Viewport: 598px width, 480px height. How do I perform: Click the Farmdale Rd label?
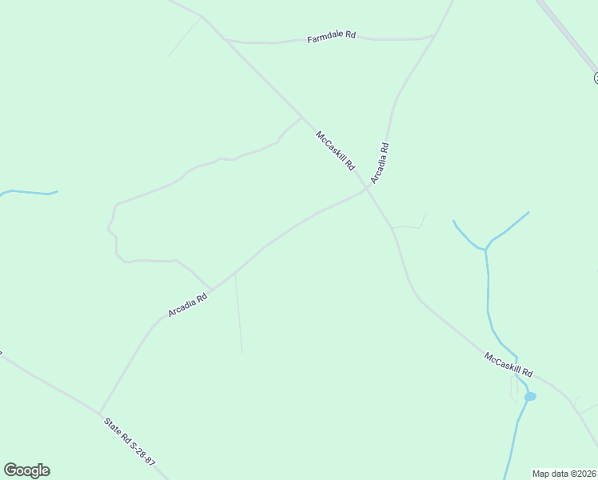pyautogui.click(x=331, y=38)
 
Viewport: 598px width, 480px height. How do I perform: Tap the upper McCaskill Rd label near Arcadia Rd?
pyautogui.click(x=335, y=150)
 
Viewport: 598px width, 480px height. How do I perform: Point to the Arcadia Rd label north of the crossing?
pyautogui.click(x=380, y=163)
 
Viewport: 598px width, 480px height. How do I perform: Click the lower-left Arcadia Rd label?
pyautogui.click(x=188, y=303)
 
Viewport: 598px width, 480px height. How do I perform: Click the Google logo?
pyautogui.click(x=26, y=470)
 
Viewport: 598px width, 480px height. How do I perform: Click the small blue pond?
pyautogui.click(x=529, y=396)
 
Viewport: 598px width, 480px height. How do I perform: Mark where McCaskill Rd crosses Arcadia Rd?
pyautogui.click(x=368, y=189)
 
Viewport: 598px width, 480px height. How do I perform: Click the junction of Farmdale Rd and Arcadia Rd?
pyautogui.click(x=435, y=35)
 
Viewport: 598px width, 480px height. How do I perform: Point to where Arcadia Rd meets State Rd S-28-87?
pyautogui.click(x=99, y=413)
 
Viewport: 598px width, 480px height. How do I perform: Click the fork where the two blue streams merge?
pyautogui.click(x=485, y=249)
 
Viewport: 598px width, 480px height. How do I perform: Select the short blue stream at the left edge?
pyautogui.click(x=28, y=192)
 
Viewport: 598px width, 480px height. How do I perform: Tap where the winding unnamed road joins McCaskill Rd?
pyautogui.click(x=301, y=118)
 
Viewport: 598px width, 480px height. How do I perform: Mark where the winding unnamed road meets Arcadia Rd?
pyautogui.click(x=212, y=289)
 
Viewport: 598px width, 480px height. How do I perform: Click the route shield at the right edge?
pyautogui.click(x=596, y=78)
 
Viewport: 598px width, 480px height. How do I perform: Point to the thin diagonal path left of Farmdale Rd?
pyautogui.click(x=184, y=38)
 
